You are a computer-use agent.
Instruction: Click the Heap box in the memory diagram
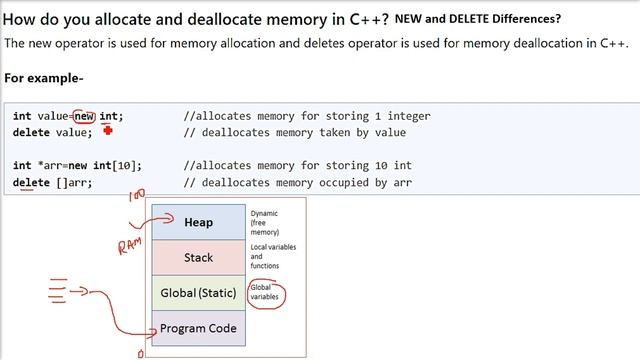[x=198, y=222]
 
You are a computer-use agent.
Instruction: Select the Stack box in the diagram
[x=198, y=257]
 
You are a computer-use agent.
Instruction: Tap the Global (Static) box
[x=198, y=293]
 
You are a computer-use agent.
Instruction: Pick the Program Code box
[x=198, y=328]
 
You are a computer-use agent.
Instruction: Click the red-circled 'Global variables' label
[x=266, y=293]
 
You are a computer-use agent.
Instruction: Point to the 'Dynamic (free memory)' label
[x=265, y=222]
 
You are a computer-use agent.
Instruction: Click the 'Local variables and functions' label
[x=272, y=256]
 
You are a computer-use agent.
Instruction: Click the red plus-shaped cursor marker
[x=107, y=130]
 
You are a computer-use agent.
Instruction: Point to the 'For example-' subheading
[x=44, y=78]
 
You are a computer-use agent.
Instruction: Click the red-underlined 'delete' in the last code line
[x=30, y=183]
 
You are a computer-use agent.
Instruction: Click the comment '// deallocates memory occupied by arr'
[x=298, y=183]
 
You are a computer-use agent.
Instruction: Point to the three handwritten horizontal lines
[x=58, y=292]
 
